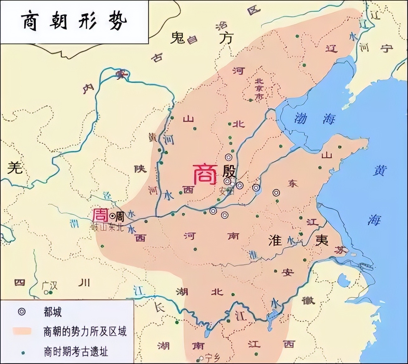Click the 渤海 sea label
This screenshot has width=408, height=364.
315,119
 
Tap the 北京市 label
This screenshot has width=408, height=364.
259,89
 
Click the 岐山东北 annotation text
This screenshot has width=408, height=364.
107,227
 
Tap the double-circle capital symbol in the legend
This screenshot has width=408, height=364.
21,311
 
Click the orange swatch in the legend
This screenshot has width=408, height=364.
22,331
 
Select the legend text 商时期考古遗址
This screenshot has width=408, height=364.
76,352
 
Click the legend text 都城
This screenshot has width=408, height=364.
53,312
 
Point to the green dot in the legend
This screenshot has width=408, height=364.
22,352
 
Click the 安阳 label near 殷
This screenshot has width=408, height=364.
226,191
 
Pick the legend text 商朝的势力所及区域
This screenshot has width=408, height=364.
85,332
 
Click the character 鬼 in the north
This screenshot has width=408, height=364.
178,38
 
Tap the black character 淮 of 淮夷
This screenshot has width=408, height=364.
275,240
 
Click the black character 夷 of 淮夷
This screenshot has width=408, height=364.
321,240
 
